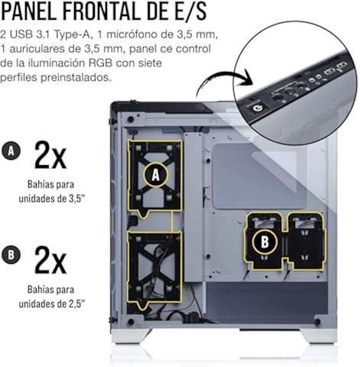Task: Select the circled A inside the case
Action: pos(155,175)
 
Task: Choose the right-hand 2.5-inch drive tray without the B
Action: pos(306,241)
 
